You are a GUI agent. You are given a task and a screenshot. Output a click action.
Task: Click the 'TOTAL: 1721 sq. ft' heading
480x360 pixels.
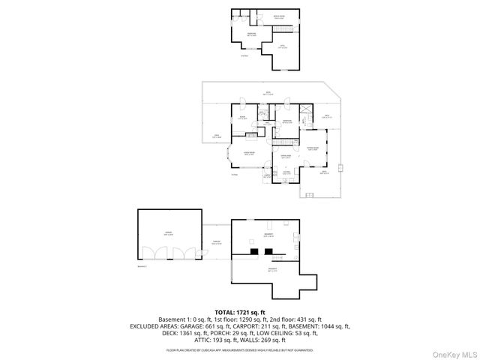click(x=240, y=311)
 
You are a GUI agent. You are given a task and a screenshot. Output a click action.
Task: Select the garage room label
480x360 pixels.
click(x=169, y=233)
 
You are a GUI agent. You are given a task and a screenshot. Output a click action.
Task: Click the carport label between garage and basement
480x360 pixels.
click(x=216, y=242)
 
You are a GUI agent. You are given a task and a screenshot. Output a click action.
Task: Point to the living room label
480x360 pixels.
click(x=248, y=152)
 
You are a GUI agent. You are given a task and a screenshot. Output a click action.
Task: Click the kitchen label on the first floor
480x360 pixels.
click(x=286, y=172)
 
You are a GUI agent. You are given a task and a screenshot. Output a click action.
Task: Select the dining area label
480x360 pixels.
click(x=286, y=157)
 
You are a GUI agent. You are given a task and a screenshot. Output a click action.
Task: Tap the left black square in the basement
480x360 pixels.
click(x=254, y=251)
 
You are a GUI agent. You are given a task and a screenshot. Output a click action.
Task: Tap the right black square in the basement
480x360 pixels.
click(x=268, y=251)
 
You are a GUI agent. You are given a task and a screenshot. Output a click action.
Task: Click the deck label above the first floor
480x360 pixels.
click(x=268, y=93)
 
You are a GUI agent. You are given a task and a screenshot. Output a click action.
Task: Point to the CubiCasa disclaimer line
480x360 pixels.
click(x=240, y=349)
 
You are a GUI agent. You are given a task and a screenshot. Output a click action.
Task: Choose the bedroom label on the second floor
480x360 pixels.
click(x=253, y=34)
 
